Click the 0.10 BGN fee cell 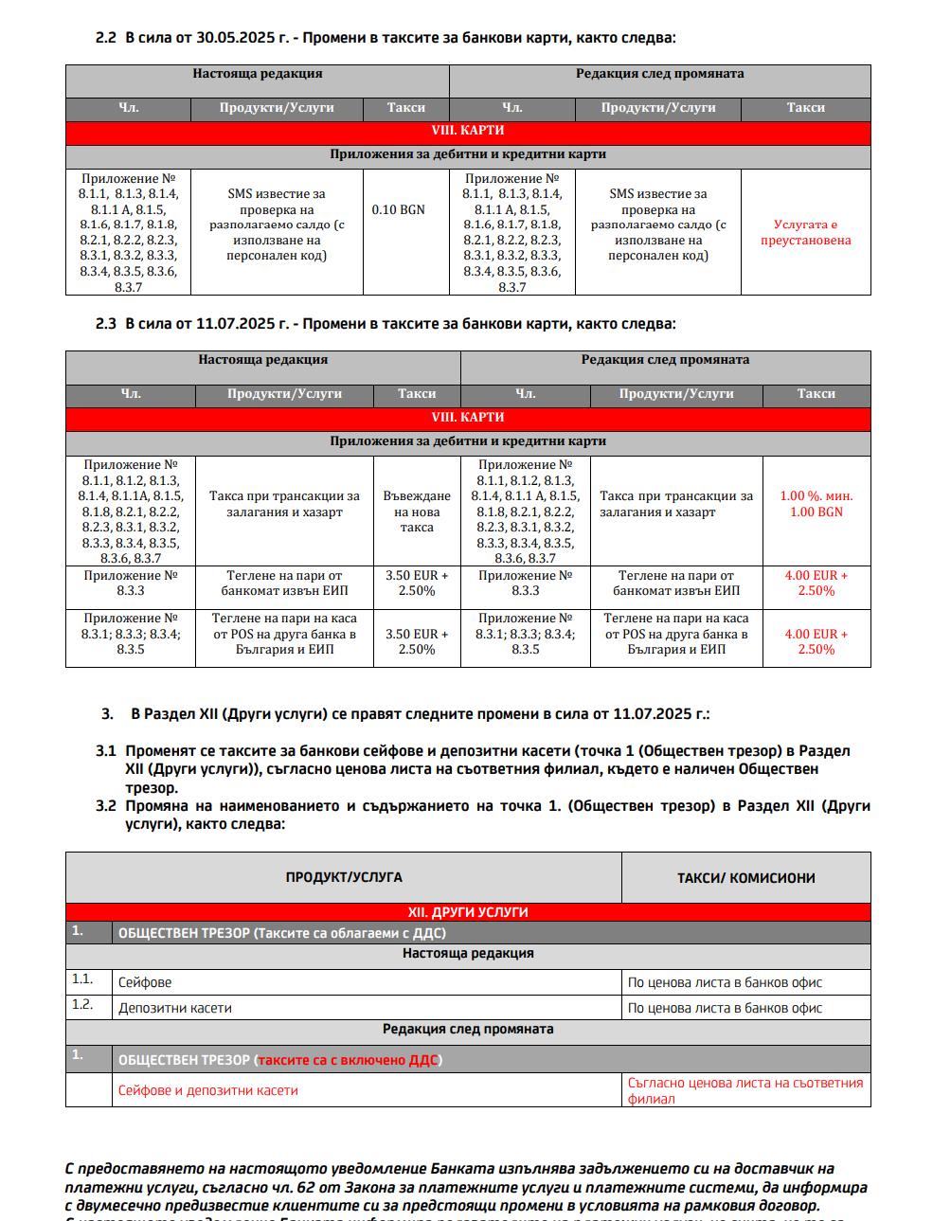(398, 209)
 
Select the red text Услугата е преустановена (805, 232)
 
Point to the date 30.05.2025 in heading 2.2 (235, 38)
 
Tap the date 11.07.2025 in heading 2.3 (235, 324)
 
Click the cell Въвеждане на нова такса (417, 512)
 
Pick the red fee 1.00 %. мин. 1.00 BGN (816, 504)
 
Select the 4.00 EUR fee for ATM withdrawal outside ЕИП (816, 583)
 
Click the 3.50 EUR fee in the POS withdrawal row (417, 641)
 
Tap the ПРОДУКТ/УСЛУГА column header (344, 877)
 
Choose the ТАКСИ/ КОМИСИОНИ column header (745, 878)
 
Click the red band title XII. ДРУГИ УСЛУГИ (468, 912)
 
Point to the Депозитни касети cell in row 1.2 (175, 1008)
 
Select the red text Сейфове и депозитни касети (208, 1090)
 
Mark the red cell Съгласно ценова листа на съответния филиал (745, 1090)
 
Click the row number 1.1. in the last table (82, 979)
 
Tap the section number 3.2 (106, 806)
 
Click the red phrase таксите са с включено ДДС (349, 1060)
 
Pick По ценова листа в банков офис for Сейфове (725, 982)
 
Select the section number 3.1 (106, 751)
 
